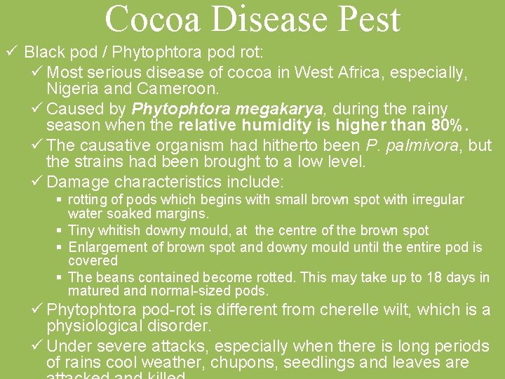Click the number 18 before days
415,277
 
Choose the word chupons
229,364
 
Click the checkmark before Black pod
11,52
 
